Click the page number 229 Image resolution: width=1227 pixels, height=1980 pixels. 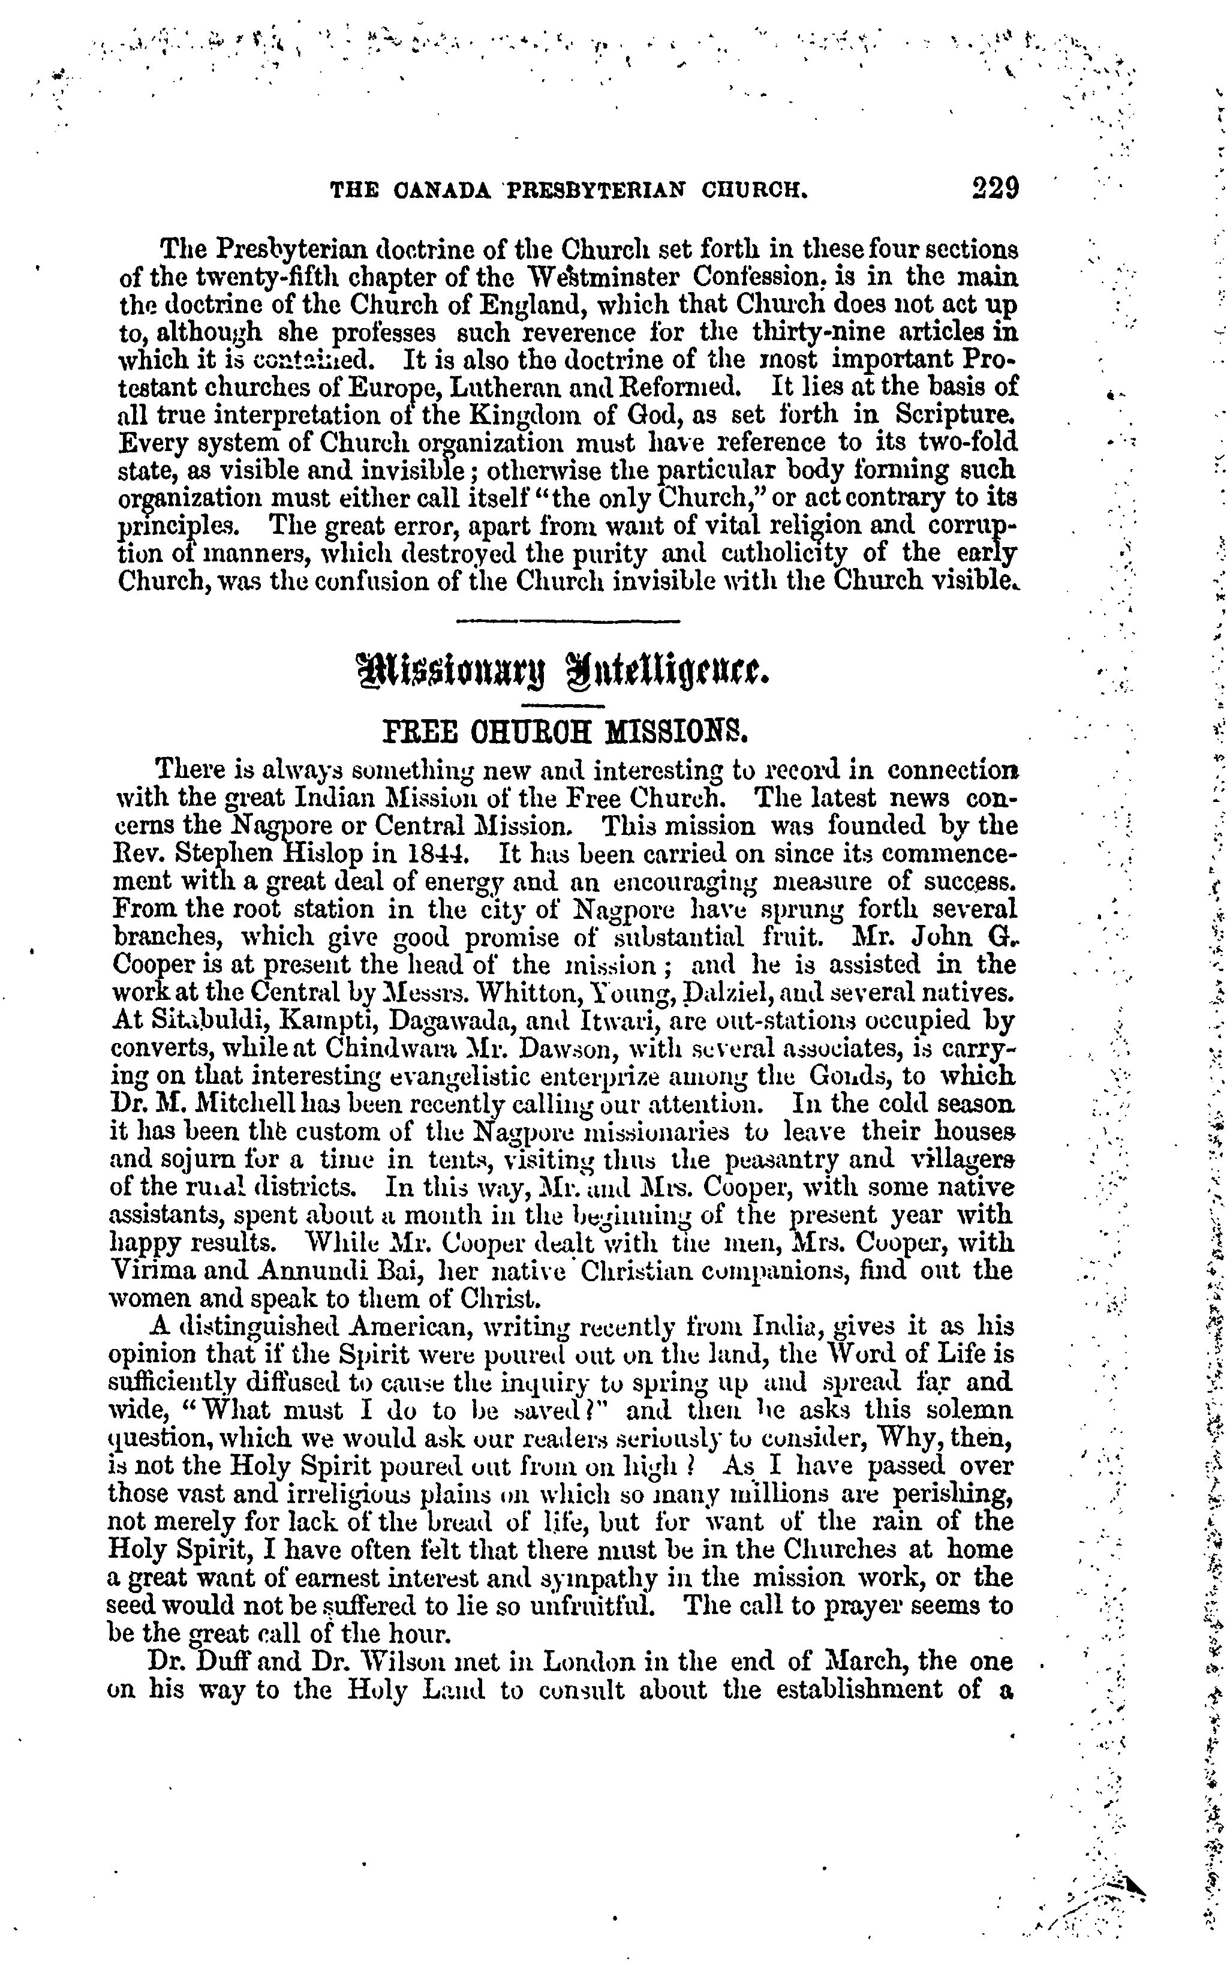pyautogui.click(x=994, y=188)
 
